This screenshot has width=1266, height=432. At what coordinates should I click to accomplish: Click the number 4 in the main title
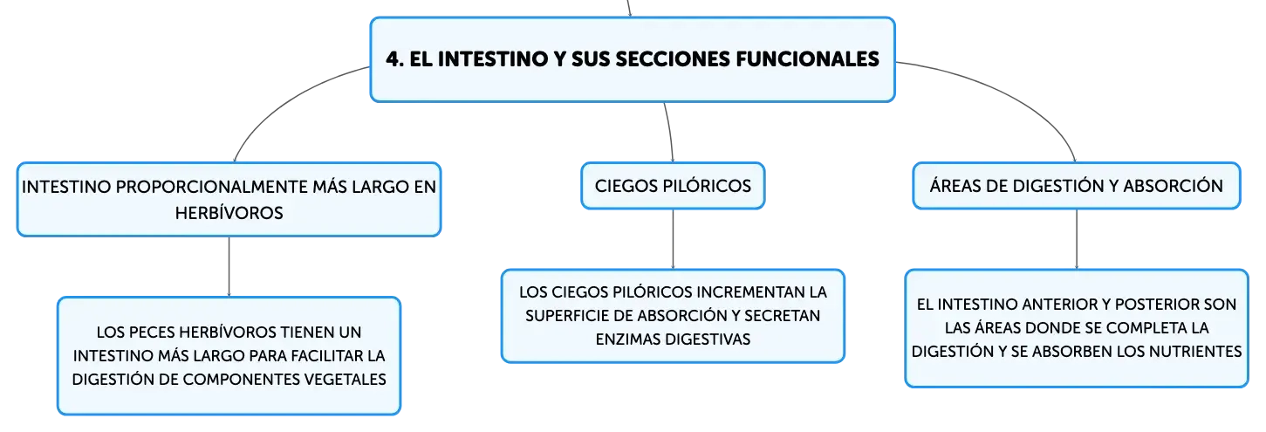(x=394, y=59)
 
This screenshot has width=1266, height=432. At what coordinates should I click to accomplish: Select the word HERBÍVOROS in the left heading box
(x=229, y=213)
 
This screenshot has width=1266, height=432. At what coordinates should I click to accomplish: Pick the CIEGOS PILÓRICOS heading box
(x=673, y=186)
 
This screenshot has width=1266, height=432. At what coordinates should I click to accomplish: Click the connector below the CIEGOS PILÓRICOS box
(x=673, y=239)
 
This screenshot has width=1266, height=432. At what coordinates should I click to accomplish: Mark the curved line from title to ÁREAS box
(x=1012, y=95)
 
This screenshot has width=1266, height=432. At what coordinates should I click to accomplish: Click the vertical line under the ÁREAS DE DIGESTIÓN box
(x=1076, y=239)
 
